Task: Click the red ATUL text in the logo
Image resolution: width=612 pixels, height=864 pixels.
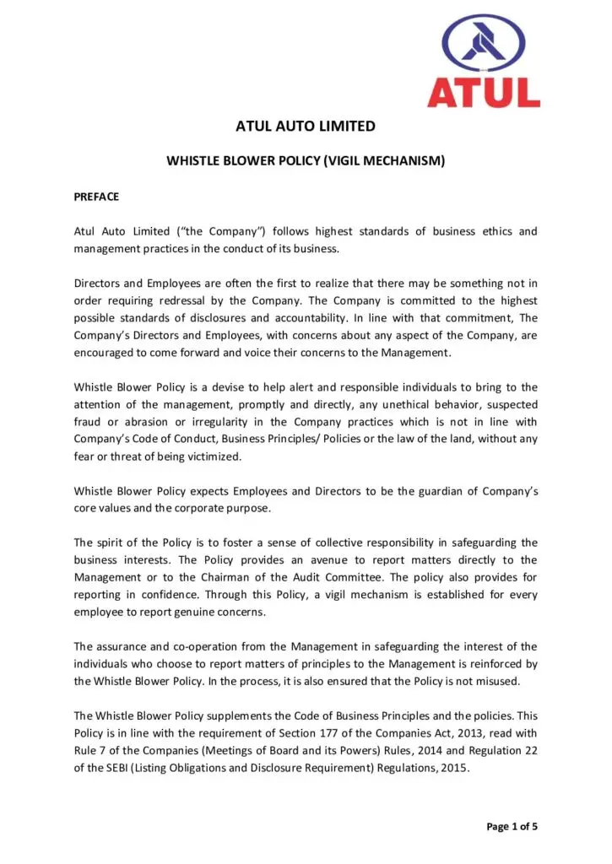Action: pos(484,91)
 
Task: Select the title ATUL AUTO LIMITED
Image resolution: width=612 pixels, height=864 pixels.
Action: pos(305,127)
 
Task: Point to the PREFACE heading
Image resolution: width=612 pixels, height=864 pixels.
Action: pos(96,197)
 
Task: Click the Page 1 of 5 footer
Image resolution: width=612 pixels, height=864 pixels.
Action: pos(512,826)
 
